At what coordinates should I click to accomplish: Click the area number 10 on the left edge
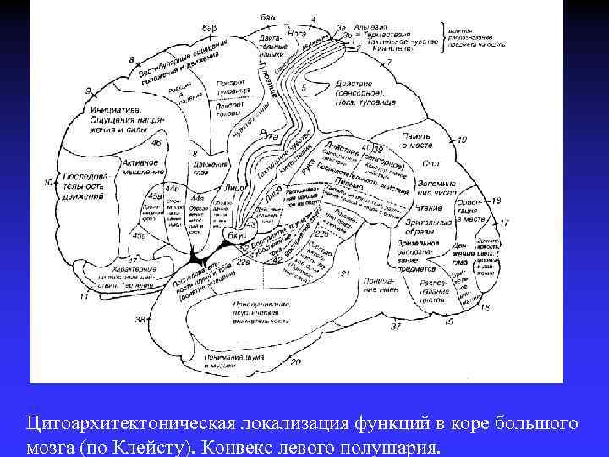49,182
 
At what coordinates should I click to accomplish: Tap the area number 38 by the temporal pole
140,319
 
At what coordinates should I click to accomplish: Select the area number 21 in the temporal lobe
344,272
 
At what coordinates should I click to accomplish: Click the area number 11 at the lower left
83,297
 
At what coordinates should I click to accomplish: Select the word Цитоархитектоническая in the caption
126,421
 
